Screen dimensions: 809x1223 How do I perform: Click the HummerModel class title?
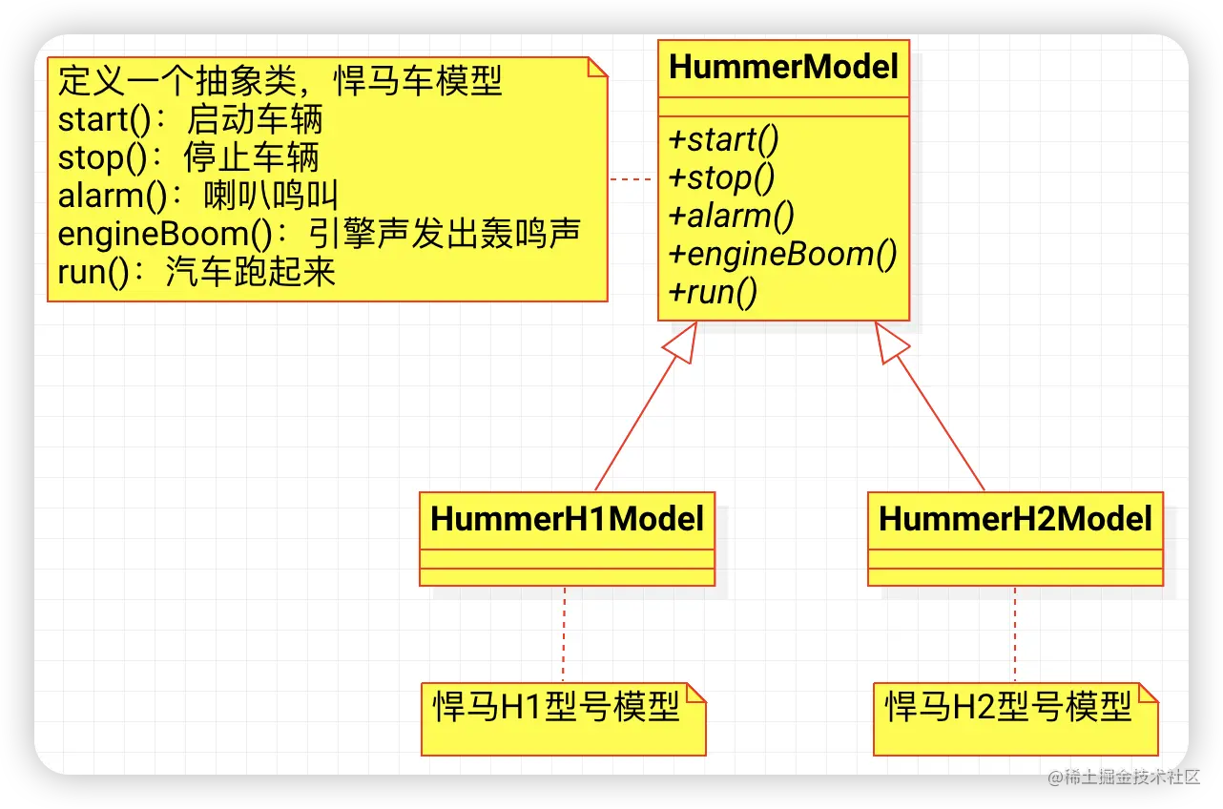click(783, 68)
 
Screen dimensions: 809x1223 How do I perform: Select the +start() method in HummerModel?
click(724, 139)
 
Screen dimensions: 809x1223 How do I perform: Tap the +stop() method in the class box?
click(721, 177)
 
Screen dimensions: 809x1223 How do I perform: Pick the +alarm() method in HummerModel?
click(732, 216)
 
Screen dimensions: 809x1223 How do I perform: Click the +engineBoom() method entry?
click(782, 254)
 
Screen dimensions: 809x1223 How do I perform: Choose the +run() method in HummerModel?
click(714, 292)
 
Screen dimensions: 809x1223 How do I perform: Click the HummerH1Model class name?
click(567, 519)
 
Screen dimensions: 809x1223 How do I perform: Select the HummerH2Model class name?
click(1015, 519)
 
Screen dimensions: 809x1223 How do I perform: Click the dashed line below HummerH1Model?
click(565, 633)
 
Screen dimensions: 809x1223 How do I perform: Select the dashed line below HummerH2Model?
click(1015, 633)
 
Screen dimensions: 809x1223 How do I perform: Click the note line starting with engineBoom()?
click(319, 235)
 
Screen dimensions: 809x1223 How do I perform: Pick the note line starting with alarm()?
click(198, 197)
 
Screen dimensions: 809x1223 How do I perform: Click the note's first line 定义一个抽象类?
click(280, 82)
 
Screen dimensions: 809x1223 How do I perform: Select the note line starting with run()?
click(197, 273)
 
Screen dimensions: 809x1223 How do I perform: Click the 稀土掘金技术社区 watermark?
click(1122, 776)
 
